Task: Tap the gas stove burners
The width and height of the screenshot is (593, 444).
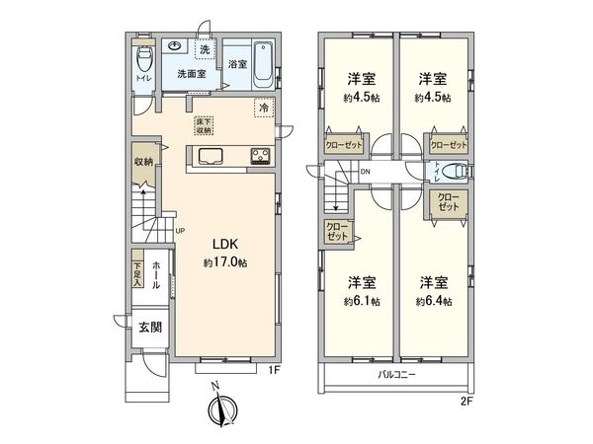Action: coord(261,155)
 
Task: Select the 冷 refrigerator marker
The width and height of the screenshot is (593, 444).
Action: coord(264,109)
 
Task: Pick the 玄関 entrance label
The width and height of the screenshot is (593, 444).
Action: coord(149,330)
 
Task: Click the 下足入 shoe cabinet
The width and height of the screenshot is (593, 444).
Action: coord(137,272)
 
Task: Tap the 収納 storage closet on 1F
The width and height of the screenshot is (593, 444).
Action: coord(144,162)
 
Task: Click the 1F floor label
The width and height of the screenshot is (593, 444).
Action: coord(279,370)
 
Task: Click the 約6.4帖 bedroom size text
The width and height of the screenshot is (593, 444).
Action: coord(434,301)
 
